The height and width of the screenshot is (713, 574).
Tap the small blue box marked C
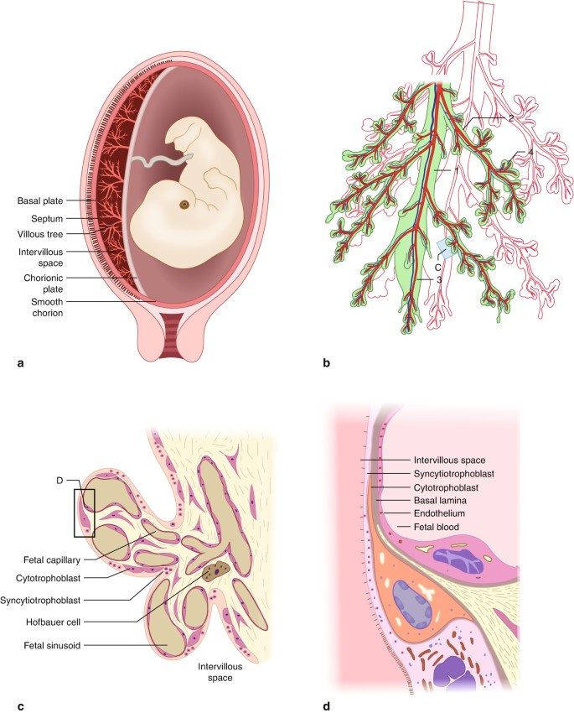(446, 247)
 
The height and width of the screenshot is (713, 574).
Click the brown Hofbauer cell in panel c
(214, 572)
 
